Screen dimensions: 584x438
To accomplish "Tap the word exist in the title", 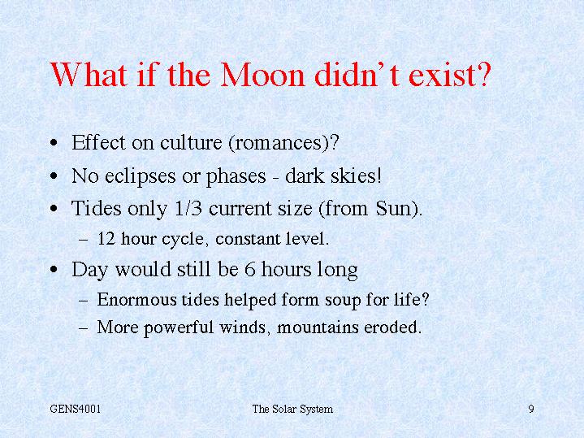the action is coord(442,75).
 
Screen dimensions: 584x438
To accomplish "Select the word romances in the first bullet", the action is coord(278,143).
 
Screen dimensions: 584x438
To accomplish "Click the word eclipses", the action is coord(140,176).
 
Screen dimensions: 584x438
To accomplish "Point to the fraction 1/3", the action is coord(188,208).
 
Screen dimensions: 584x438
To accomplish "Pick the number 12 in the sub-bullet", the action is coord(106,239).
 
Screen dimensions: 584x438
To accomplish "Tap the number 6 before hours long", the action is coord(249,269).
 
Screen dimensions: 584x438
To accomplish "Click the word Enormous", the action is coord(136,299).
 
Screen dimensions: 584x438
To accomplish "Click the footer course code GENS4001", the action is coord(76,409).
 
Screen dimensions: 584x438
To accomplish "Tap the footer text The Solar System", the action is coord(292,410).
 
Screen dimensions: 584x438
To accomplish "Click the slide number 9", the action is coord(531,409).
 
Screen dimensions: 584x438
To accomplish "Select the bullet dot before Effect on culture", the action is coord(54,143).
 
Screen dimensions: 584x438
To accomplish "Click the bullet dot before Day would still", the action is coord(54,269).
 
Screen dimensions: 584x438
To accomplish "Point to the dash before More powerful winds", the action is coord(84,328).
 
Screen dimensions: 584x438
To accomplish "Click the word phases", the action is coord(236,176).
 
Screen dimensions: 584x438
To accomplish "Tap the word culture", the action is coord(191,143).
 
